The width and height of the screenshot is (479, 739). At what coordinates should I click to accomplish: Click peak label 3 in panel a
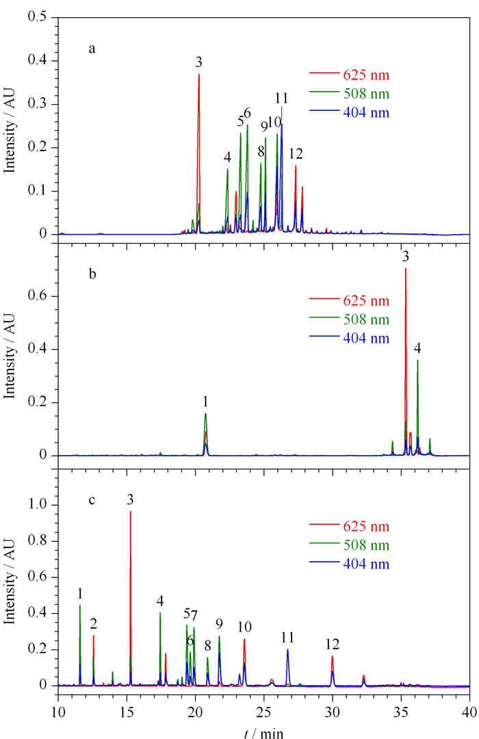199,62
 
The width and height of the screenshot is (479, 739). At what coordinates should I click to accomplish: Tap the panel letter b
92,273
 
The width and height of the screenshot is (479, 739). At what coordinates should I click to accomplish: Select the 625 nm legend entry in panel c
350,526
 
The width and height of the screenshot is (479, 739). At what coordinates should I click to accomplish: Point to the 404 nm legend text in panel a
366,113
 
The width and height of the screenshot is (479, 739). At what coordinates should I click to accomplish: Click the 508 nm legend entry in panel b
350,320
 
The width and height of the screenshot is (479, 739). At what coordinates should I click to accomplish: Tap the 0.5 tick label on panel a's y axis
38,17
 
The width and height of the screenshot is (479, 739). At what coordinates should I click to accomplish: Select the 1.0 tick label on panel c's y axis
38,505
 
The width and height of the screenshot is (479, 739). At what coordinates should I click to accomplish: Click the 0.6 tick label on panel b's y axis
38,296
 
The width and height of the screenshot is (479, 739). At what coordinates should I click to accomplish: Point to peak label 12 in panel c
333,645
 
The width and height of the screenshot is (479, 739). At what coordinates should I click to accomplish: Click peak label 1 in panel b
205,402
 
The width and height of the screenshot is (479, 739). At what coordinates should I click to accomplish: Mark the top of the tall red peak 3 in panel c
131,511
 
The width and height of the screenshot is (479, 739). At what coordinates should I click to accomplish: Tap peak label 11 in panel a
281,98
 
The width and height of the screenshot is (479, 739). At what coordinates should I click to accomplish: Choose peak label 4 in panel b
417,348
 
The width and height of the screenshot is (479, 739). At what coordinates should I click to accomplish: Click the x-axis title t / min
264,732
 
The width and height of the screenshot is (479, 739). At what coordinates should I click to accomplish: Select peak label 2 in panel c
93,624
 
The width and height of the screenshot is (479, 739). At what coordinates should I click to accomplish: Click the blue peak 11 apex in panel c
287,649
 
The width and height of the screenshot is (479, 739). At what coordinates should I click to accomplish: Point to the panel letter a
92,49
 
